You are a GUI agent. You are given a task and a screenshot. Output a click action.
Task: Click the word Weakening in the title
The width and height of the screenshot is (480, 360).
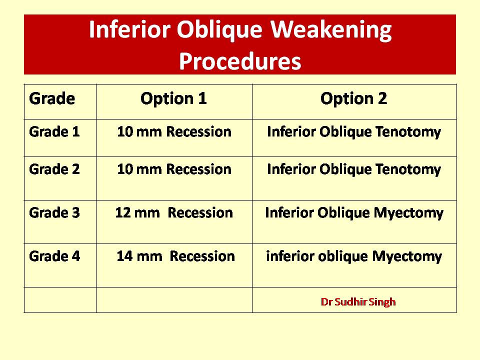click(331, 30)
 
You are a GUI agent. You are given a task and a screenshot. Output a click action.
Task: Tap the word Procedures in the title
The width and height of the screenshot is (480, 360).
click(240, 61)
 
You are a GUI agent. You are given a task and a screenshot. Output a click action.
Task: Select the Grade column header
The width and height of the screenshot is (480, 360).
click(52, 98)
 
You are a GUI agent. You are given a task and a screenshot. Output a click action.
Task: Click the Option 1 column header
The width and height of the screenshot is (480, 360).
click(173, 98)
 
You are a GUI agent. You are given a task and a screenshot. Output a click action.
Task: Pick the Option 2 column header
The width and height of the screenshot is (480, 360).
click(354, 98)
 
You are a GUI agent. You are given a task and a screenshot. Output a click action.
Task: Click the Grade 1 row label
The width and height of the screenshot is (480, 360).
click(54, 132)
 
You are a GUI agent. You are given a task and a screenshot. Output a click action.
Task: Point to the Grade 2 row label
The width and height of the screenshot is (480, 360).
click(54, 169)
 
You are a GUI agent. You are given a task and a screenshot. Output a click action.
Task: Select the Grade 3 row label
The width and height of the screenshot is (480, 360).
click(54, 213)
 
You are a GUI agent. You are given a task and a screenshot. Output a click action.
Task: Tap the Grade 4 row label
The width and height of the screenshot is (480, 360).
click(54, 256)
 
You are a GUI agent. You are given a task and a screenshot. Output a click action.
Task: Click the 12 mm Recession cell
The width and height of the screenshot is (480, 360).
click(174, 213)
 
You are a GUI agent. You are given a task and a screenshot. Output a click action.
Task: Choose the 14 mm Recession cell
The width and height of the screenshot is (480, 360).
click(175, 256)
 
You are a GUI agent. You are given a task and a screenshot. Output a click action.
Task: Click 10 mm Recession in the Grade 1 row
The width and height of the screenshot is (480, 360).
click(174, 132)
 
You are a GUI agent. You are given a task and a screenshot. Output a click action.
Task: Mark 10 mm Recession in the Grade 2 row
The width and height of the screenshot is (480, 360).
click(174, 169)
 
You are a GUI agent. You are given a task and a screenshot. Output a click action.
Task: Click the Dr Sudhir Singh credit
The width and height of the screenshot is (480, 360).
click(358, 302)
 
